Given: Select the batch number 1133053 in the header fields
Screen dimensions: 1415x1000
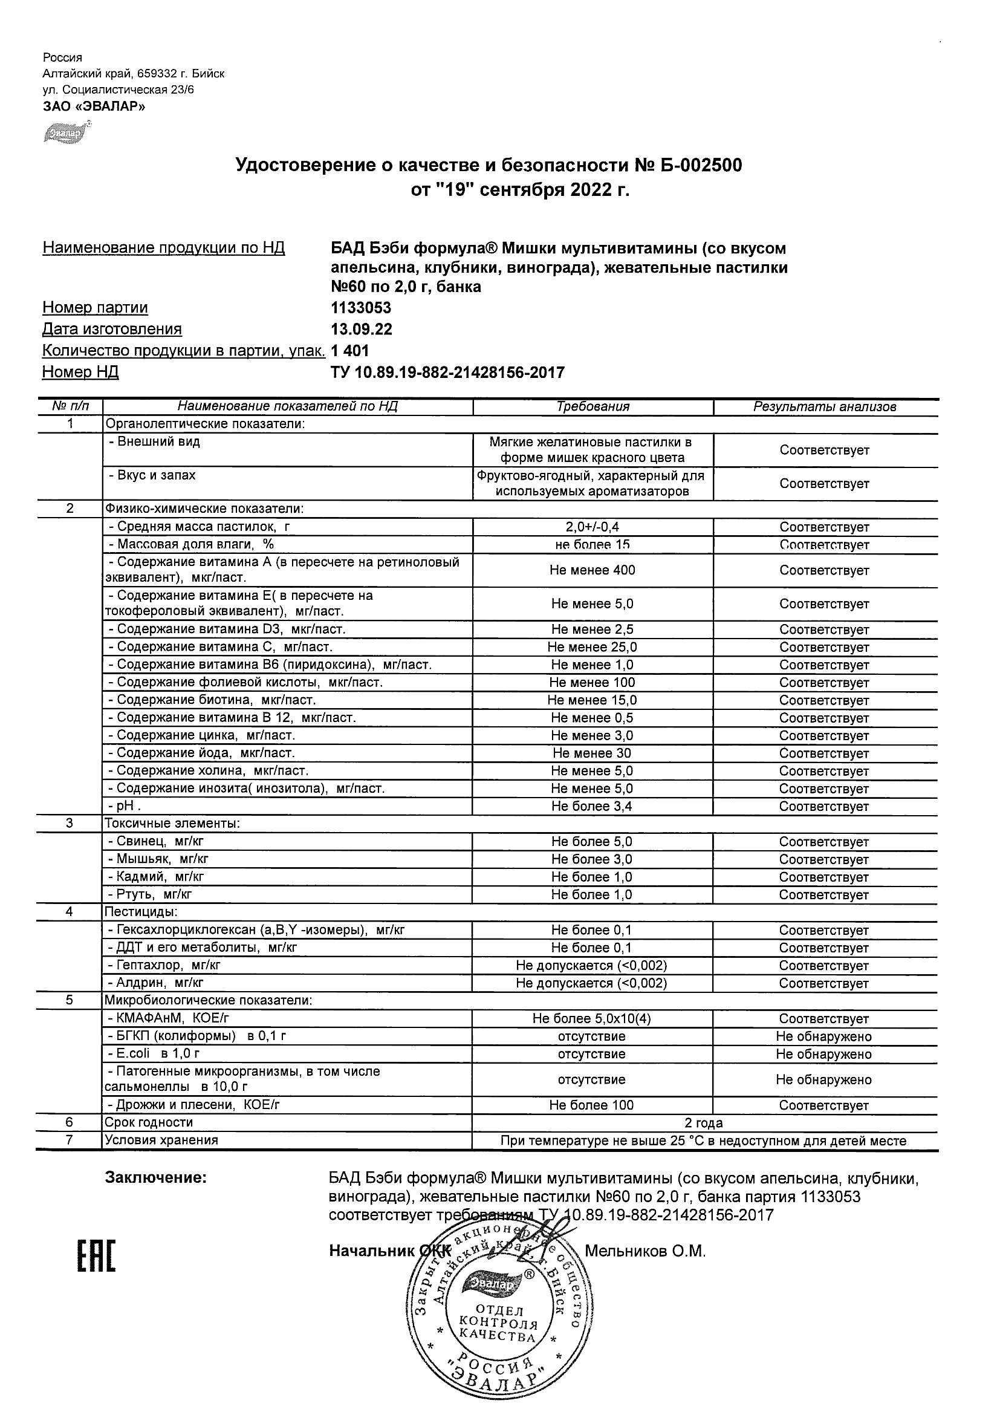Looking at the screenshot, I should [361, 308].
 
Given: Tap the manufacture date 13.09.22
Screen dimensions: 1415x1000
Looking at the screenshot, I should [361, 329].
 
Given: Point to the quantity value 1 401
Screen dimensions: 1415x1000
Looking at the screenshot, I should [350, 351].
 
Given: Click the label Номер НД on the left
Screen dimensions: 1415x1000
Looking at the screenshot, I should [80, 372].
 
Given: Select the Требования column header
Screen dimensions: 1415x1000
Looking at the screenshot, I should [593, 407].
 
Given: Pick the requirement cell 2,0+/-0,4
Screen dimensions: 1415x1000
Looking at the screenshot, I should [592, 527].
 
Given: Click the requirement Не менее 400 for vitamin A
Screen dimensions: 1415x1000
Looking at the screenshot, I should [592, 570].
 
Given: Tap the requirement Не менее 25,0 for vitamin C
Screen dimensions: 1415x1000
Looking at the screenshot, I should [592, 647].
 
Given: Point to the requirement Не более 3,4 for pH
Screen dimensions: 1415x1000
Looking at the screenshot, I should [592, 806].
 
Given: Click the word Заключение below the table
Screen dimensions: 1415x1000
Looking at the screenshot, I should [156, 1178].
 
